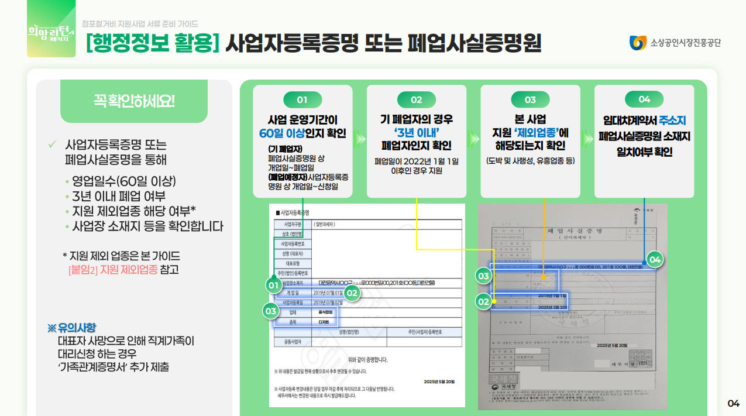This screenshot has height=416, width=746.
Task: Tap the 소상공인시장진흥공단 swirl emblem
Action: click(637, 43)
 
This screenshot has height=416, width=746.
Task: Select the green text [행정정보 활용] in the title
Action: click(152, 43)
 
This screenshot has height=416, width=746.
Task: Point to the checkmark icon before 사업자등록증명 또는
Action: click(52, 144)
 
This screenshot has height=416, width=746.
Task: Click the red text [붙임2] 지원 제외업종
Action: click(113, 270)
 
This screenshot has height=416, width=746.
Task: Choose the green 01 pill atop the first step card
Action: click(302, 99)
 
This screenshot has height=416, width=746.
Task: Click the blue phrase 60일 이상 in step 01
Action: click(286, 133)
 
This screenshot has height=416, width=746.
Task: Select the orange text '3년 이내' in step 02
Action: click(416, 132)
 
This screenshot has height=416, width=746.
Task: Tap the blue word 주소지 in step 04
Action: click(672, 121)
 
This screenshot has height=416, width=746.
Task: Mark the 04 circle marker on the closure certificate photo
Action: click(655, 259)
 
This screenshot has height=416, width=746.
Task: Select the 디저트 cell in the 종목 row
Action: click(324, 322)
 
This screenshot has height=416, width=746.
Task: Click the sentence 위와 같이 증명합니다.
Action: click(367, 359)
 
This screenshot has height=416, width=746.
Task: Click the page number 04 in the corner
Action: click(733, 403)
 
